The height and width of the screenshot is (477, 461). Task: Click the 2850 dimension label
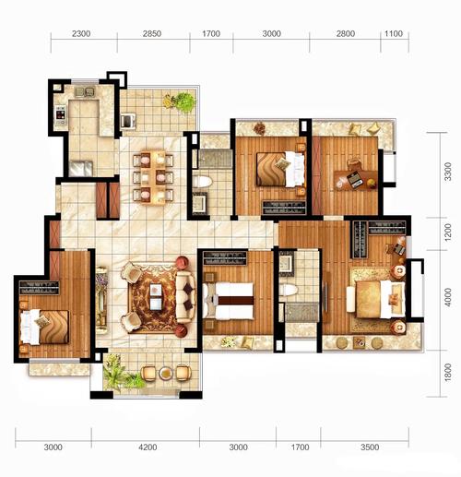pyautogui.click(x=152, y=33)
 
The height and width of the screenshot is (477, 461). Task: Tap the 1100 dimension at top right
pyautogui.click(x=394, y=33)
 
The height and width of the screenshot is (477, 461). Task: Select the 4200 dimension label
pyautogui.click(x=148, y=447)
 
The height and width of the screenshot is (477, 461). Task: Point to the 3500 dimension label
pyautogui.click(x=370, y=447)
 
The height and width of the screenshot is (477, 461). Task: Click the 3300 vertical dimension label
pyautogui.click(x=448, y=172)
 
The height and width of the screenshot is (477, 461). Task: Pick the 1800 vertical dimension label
pyautogui.click(x=448, y=373)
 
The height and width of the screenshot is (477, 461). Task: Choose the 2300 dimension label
pyautogui.click(x=81, y=33)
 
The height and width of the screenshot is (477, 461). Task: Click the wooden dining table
pyautogui.click(x=153, y=177)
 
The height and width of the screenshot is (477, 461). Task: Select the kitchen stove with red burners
pyautogui.click(x=61, y=114)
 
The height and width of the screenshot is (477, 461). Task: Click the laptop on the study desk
pyautogui.click(x=355, y=180)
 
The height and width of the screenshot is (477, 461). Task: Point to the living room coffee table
pyautogui.click(x=156, y=297)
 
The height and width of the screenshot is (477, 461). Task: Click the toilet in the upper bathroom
pyautogui.click(x=202, y=182)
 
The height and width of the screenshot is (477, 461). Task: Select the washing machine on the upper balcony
pyautogui.click(x=128, y=121)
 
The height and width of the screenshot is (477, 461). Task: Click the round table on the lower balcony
pyautogui.click(x=166, y=373)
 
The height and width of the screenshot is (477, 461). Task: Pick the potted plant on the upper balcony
pyautogui.click(x=180, y=102)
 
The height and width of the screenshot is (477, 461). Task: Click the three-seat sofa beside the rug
pyautogui.click(x=185, y=296)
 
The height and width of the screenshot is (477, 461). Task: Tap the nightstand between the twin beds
pyautogui.click(x=212, y=300)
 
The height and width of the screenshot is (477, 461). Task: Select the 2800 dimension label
pyautogui.click(x=346, y=33)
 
